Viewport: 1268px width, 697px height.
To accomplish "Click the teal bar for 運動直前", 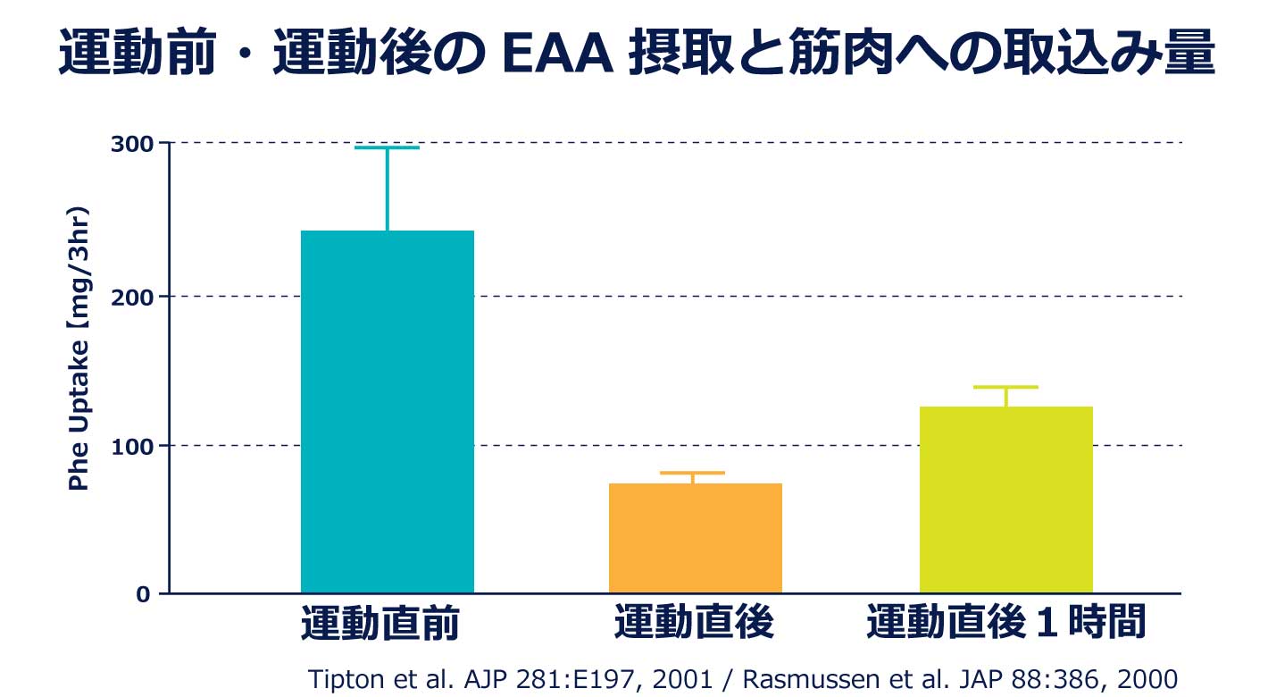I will click(387, 411).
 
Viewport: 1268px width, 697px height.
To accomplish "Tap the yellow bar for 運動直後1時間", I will click(1005, 500).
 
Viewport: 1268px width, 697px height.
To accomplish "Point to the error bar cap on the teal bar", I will click(387, 147).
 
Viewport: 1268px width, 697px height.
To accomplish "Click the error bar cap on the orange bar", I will click(694, 473).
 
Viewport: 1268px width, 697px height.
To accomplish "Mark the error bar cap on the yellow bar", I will click(1005, 387).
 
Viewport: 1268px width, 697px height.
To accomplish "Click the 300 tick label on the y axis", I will click(129, 143).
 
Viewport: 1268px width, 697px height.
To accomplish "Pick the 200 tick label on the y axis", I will click(129, 296).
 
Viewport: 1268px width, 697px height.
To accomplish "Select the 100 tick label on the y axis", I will click(129, 445).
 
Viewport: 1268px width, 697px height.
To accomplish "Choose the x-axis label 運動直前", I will click(380, 624).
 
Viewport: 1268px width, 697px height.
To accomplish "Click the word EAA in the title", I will click(554, 55).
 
